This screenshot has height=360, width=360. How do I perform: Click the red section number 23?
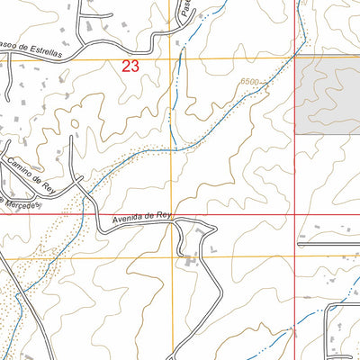point(130,66)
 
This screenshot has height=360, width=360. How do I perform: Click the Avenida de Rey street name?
point(141,218)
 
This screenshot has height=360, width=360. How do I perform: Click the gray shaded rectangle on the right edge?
point(328,98)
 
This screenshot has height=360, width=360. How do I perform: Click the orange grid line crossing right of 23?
point(172,59)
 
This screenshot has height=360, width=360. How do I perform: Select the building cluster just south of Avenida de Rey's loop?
point(191,262)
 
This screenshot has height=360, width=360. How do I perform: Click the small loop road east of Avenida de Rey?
point(193,238)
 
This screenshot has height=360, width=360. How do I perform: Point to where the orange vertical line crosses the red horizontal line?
point(172,215)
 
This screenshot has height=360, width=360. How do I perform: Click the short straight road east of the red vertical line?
point(328,242)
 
